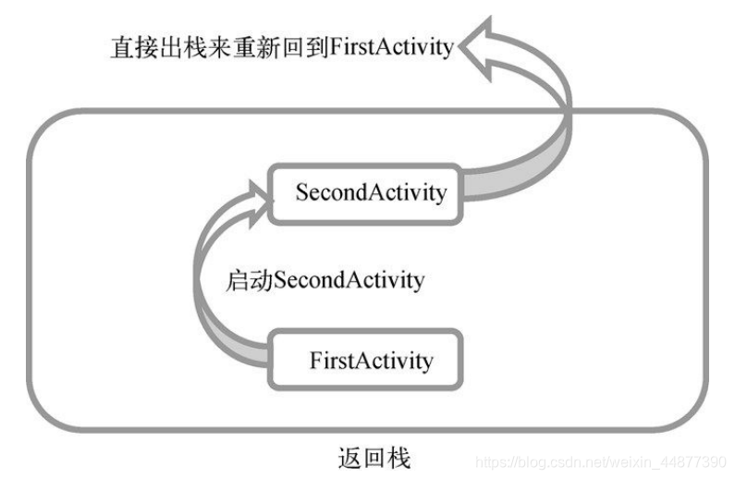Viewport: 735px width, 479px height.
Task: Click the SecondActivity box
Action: pos(370,193)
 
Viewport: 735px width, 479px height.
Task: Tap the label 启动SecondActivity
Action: pos(325,279)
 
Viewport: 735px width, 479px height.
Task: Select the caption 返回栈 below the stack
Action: pos(375,458)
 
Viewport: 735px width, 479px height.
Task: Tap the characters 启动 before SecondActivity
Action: pos(241,279)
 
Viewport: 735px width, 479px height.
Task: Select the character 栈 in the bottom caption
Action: pos(399,458)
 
